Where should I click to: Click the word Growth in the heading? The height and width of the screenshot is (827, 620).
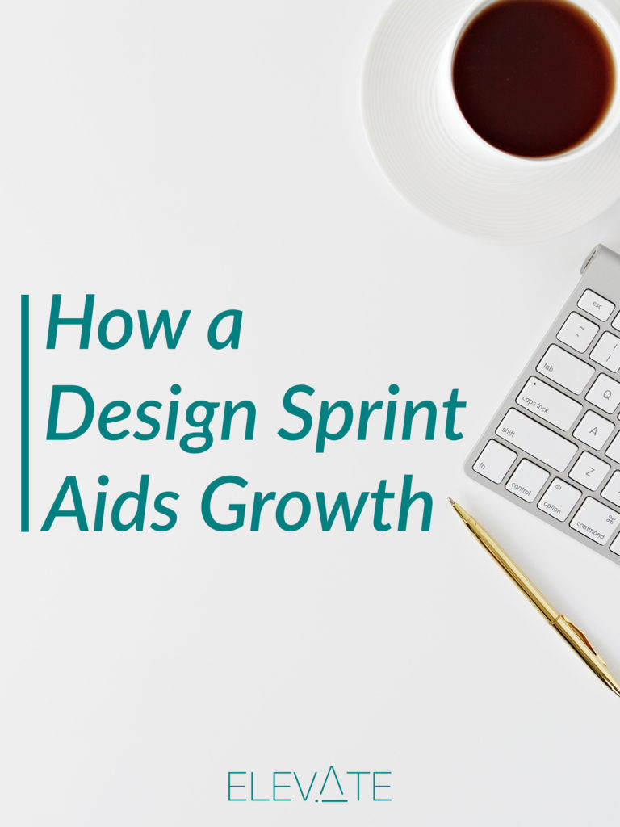tap(316, 503)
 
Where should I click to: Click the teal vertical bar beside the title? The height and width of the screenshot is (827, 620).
tap(25, 413)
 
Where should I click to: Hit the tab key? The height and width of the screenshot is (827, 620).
tap(566, 368)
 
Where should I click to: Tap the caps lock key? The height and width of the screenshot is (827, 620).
tap(548, 404)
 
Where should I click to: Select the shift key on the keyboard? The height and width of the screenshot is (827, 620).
tap(536, 440)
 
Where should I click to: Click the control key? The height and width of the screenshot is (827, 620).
tap(527, 481)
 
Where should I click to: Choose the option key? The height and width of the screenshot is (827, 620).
tap(559, 499)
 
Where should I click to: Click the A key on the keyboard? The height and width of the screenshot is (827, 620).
tap(593, 431)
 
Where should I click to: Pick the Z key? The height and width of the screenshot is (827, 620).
tap(589, 471)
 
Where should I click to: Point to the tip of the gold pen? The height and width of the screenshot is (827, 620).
tap(450, 499)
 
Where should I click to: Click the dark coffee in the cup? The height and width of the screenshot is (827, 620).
tap(533, 78)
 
